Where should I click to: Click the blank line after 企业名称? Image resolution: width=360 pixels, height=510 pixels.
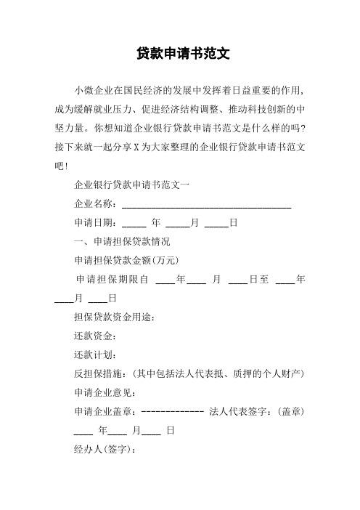point(206,203)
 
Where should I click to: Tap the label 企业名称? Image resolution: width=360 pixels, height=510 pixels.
point(94,203)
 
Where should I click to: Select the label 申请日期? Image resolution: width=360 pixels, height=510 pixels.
point(94,222)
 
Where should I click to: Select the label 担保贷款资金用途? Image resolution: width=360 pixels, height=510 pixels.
point(114,317)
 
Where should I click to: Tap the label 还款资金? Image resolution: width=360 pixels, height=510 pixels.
point(94,336)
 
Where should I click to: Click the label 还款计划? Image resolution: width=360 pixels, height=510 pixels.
point(94,355)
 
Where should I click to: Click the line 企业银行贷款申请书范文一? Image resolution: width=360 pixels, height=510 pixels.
point(132,185)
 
